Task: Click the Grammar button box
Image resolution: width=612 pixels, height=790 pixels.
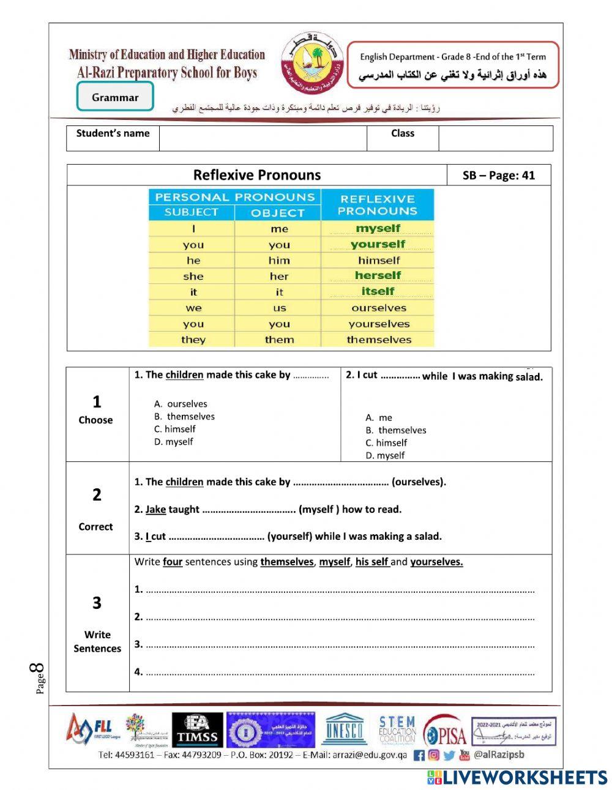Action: tap(115, 97)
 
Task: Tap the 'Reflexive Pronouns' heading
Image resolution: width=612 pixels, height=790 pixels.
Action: tap(257, 175)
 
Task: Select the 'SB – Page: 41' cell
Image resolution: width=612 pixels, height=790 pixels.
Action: tap(499, 176)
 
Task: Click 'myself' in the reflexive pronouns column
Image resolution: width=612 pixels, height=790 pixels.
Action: tap(378, 228)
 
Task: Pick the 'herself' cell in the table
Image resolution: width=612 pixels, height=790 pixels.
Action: tap(378, 275)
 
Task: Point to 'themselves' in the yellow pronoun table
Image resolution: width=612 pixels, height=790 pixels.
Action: tap(379, 340)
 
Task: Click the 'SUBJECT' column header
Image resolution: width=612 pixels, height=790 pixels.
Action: tap(192, 212)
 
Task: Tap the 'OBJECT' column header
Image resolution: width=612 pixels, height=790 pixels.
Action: tap(278, 213)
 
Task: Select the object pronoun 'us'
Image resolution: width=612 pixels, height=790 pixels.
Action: tap(280, 308)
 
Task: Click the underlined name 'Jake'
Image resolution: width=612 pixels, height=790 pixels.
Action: tap(155, 509)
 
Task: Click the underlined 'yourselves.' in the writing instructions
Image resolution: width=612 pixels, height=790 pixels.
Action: tap(436, 562)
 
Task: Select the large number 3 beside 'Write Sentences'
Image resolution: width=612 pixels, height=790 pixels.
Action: tap(97, 603)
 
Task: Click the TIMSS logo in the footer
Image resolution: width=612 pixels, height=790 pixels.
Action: tap(197, 731)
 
